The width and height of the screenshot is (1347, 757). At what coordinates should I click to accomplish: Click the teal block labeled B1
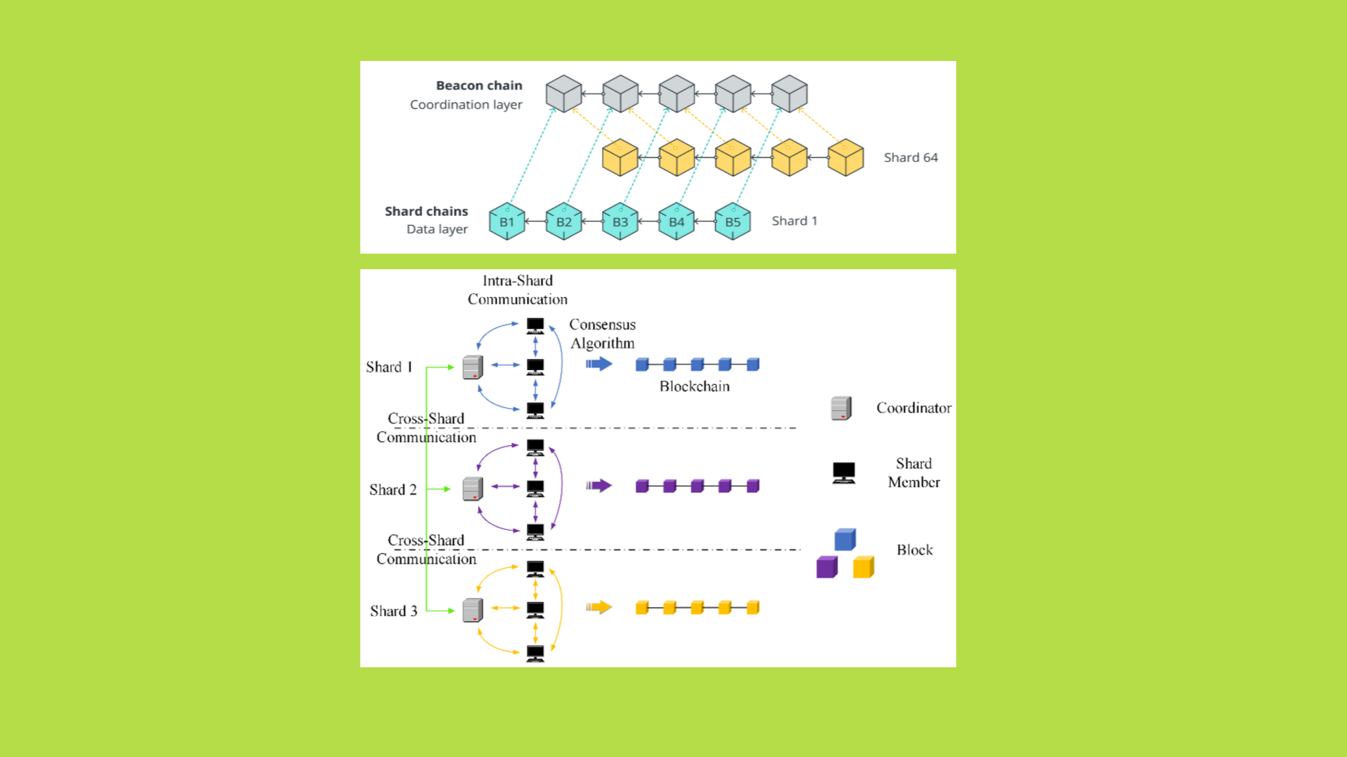click(x=507, y=221)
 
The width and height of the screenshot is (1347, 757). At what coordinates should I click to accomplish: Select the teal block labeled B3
click(x=620, y=221)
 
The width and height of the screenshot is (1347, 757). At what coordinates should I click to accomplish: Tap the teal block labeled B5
click(x=732, y=221)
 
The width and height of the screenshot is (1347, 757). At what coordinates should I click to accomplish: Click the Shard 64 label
click(x=910, y=158)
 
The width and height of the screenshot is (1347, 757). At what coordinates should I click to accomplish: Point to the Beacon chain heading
click(x=479, y=86)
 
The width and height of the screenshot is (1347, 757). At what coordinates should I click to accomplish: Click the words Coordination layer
click(x=466, y=104)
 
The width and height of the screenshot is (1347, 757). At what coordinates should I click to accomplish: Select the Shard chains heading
click(x=426, y=211)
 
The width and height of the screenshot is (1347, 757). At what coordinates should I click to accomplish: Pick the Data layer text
click(x=436, y=229)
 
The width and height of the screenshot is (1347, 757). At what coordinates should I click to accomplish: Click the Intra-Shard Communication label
click(x=518, y=290)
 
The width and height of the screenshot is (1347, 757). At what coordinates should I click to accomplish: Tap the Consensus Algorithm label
click(x=602, y=334)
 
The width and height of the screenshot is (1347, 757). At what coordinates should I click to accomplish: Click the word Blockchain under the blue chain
click(x=695, y=386)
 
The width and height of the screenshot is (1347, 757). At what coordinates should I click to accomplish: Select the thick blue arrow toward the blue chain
click(x=599, y=364)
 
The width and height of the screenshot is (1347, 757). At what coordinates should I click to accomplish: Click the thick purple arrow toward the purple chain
click(x=599, y=486)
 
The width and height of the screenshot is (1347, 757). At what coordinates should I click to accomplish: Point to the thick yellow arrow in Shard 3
click(x=599, y=607)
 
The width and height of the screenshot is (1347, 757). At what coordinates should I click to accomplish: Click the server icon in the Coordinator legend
click(x=840, y=408)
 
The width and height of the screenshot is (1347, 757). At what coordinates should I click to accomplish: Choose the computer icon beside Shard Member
click(x=843, y=473)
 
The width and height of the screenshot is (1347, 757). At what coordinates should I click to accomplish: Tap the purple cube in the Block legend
click(x=827, y=567)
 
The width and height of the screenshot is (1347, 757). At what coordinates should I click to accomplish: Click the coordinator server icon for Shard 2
click(x=473, y=489)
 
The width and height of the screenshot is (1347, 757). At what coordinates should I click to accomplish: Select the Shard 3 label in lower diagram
click(x=394, y=611)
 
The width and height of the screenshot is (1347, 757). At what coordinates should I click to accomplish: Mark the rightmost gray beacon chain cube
click(x=789, y=94)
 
